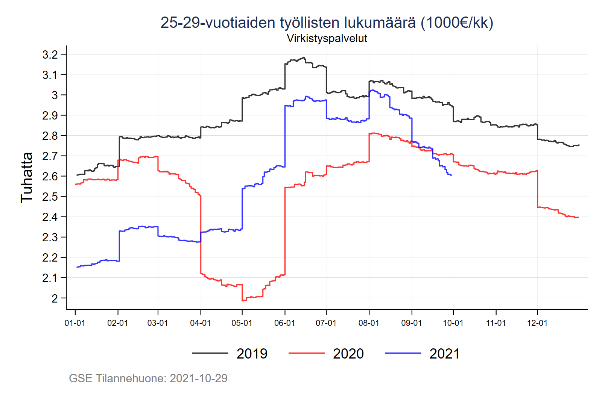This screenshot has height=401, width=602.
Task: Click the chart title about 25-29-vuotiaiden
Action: (x=327, y=23)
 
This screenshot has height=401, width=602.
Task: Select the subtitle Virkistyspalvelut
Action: (x=327, y=38)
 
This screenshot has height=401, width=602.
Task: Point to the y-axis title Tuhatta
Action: (x=27, y=177)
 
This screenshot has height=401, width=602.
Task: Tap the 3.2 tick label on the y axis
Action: (x=50, y=54)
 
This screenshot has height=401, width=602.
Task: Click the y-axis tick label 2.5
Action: (x=50, y=197)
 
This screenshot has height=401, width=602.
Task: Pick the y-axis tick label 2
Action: (x=55, y=298)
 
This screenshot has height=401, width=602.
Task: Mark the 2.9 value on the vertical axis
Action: (x=50, y=115)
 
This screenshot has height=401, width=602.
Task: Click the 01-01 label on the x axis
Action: (x=75, y=323)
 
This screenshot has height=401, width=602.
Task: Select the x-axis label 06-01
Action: (x=284, y=323)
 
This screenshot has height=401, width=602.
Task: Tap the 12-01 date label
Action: (x=537, y=323)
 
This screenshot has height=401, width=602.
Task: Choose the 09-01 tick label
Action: (x=412, y=323)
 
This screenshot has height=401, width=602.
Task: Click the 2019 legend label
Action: (x=252, y=354)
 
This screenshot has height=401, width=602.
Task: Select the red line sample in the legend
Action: (x=306, y=353)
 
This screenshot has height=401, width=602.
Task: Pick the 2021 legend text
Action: (x=444, y=354)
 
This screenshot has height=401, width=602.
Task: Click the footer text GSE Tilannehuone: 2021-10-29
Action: (x=148, y=378)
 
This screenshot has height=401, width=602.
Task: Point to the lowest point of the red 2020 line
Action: (x=243, y=300)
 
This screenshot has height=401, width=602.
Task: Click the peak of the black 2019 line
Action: (x=303, y=58)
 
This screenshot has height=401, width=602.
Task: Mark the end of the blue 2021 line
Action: (x=451, y=175)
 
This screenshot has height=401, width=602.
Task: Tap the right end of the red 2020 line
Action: (x=578, y=217)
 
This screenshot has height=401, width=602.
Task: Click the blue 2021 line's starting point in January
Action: (x=77, y=267)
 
